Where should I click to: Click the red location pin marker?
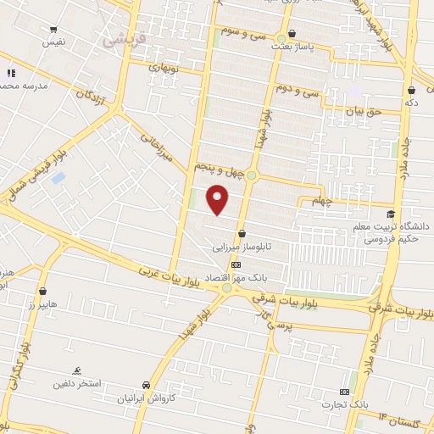(x=219, y=200)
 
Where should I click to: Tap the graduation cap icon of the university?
(x=390, y=214)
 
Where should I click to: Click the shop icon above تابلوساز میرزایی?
(x=243, y=234)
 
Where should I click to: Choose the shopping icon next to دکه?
(x=411, y=89)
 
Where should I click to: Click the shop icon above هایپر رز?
(x=42, y=292)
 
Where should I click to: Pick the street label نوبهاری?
(x=164, y=66)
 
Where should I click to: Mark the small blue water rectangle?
(x=58, y=179)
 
